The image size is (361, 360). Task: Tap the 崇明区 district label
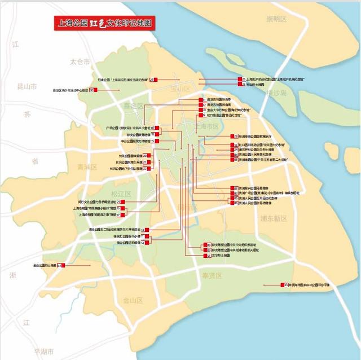coord(276,19)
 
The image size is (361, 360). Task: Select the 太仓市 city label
coord(80,61)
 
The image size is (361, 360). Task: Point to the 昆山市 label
coord(27,87)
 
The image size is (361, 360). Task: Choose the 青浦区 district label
coord(87,167)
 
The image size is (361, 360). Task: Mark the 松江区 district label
coord(121,194)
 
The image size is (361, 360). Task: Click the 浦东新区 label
coord(274,218)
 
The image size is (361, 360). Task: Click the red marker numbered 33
coord(286,285)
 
